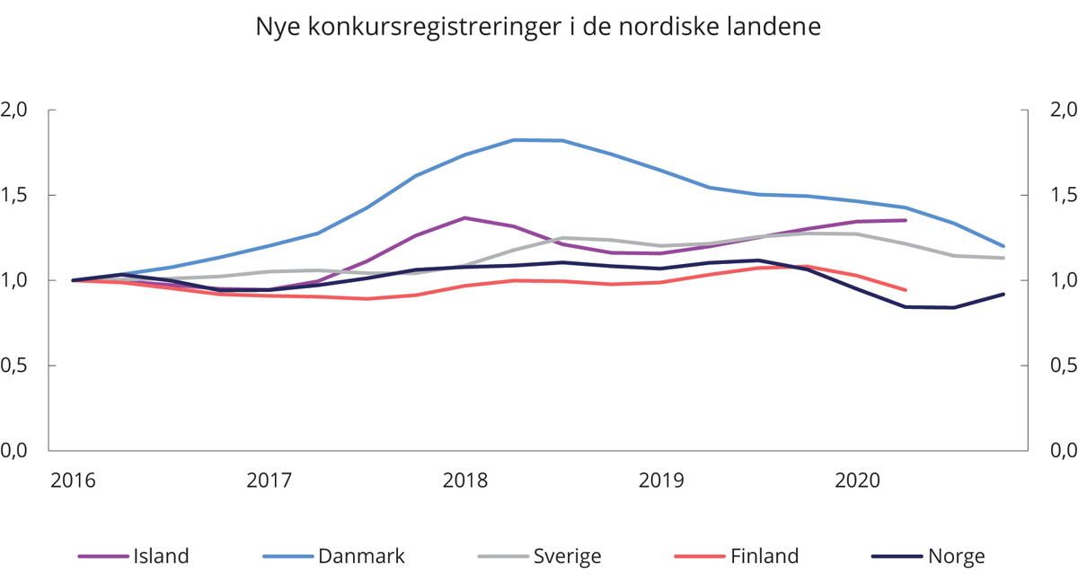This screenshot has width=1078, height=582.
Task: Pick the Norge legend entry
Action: coord(957,556)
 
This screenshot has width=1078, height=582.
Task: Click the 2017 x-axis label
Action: coord(269,481)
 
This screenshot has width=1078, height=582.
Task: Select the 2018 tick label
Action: coord(465,481)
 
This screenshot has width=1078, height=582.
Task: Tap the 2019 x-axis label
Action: coord(661,481)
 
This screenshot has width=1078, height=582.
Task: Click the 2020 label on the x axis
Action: coord(857,481)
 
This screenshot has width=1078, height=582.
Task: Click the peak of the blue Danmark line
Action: coord(515,140)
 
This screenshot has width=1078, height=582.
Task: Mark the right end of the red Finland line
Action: coord(906,290)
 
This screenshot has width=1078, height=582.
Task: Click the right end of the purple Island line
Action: coord(906,220)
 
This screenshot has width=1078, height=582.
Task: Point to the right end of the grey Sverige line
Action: coord(1003,258)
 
